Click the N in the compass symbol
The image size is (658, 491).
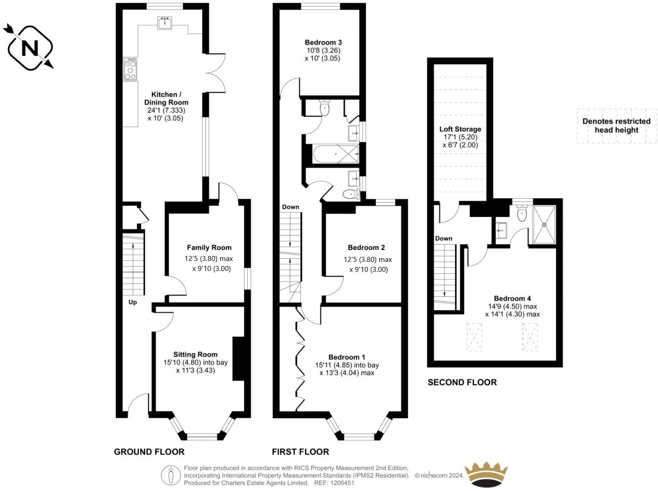click(30, 48)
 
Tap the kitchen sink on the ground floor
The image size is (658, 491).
click(164, 23)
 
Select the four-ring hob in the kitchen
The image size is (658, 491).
click(130, 69)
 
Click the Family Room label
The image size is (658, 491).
click(209, 247)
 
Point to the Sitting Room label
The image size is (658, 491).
click(195, 354)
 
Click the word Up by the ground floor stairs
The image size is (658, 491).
click(133, 302)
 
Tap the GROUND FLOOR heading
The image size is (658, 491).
click(149, 452)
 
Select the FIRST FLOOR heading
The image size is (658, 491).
click(300, 452)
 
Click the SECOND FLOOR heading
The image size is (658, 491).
click(462, 382)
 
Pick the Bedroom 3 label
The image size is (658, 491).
click(323, 42)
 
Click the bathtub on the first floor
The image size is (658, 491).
click(335, 154)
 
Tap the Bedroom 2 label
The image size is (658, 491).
click(366, 247)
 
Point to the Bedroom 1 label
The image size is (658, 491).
click(347, 357)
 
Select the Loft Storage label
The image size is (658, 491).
click(460, 129)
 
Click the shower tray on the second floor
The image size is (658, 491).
click(544, 224)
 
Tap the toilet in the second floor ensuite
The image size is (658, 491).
click(522, 213)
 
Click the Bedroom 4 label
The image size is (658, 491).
click(512, 298)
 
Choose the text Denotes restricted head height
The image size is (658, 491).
click(616, 125)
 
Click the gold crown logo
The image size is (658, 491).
click(486, 475)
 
